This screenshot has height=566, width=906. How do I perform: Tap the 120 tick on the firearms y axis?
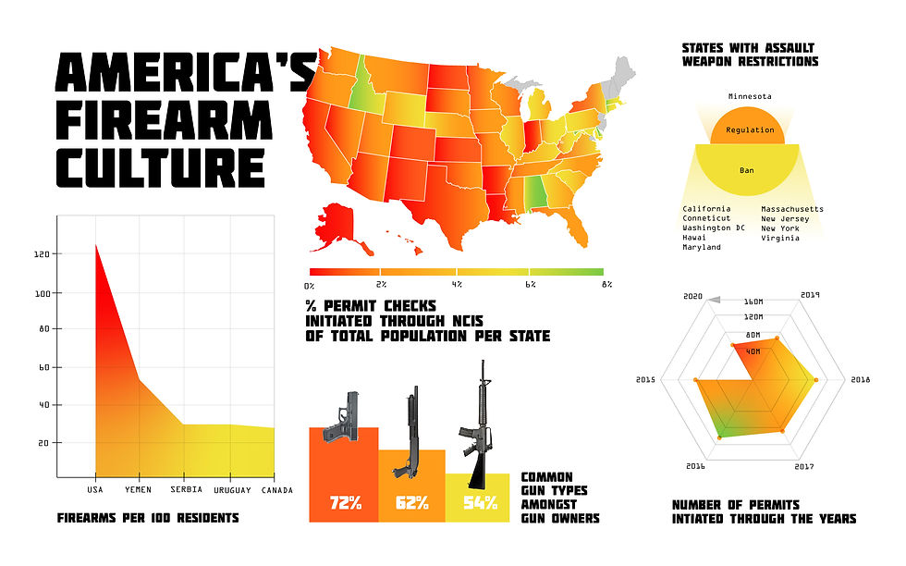[x=43, y=253]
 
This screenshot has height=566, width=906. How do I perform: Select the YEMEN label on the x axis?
[x=138, y=489]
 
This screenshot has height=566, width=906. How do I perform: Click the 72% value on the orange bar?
[x=343, y=504]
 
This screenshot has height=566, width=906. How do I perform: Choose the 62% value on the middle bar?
[x=411, y=504]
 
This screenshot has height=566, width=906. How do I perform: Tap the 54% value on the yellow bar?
[x=479, y=504]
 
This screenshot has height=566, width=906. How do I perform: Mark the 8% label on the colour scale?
[x=606, y=284]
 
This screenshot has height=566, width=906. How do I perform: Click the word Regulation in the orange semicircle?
[x=750, y=129]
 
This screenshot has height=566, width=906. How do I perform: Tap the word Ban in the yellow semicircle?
[x=749, y=170]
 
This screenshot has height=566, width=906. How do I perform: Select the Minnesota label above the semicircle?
[x=750, y=96]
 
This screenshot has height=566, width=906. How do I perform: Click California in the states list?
[x=705, y=209]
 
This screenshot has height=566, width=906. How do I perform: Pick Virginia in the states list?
[x=781, y=238]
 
